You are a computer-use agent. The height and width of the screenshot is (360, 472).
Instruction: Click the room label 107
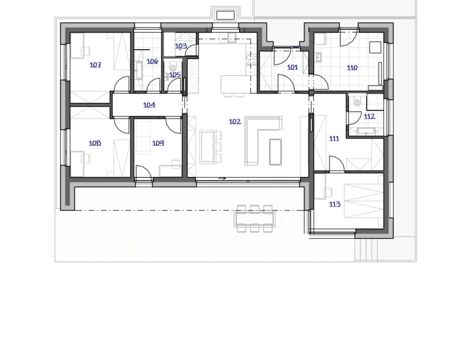tap(95, 65)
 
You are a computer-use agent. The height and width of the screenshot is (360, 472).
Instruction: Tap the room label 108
tap(95, 143)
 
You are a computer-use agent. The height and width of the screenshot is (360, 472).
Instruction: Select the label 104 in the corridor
tap(149, 105)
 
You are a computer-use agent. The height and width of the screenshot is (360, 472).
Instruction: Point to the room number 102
tap(235, 121)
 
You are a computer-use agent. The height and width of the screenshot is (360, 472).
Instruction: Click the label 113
tap(335, 204)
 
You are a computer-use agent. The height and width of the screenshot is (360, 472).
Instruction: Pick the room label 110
tap(352, 68)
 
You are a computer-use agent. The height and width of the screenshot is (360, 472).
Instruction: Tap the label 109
tap(158, 143)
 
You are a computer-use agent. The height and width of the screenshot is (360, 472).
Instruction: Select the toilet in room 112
tap(357, 102)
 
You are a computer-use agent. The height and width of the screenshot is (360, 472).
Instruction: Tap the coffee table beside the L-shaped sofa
tap(275, 152)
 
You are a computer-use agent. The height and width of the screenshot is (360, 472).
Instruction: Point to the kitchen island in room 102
tap(236, 84)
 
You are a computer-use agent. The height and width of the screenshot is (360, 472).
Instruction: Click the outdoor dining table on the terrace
tap(254, 218)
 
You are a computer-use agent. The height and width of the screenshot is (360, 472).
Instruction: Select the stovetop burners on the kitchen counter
tap(252, 60)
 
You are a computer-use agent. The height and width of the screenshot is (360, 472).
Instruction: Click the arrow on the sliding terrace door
tap(222, 179)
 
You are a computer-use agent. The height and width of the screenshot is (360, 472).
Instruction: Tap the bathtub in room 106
tap(139, 71)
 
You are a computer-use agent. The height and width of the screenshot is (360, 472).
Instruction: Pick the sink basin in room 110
tap(319, 57)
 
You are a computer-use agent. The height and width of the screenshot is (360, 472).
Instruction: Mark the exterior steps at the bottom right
tap(366, 250)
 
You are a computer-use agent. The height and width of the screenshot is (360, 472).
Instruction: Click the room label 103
tap(181, 46)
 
